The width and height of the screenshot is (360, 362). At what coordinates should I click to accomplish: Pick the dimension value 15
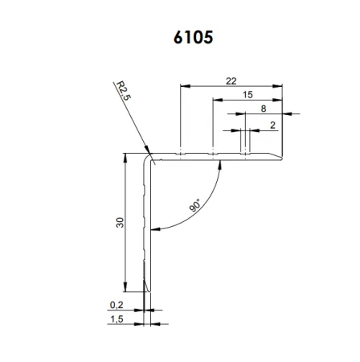click(x=248, y=95)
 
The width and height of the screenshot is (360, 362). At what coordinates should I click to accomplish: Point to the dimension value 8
click(x=264, y=109)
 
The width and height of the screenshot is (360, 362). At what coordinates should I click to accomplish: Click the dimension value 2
click(x=273, y=125)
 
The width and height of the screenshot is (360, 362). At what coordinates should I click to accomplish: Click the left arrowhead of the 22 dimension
click(x=184, y=85)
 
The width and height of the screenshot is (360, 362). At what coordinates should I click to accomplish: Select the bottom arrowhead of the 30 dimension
click(x=126, y=290)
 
